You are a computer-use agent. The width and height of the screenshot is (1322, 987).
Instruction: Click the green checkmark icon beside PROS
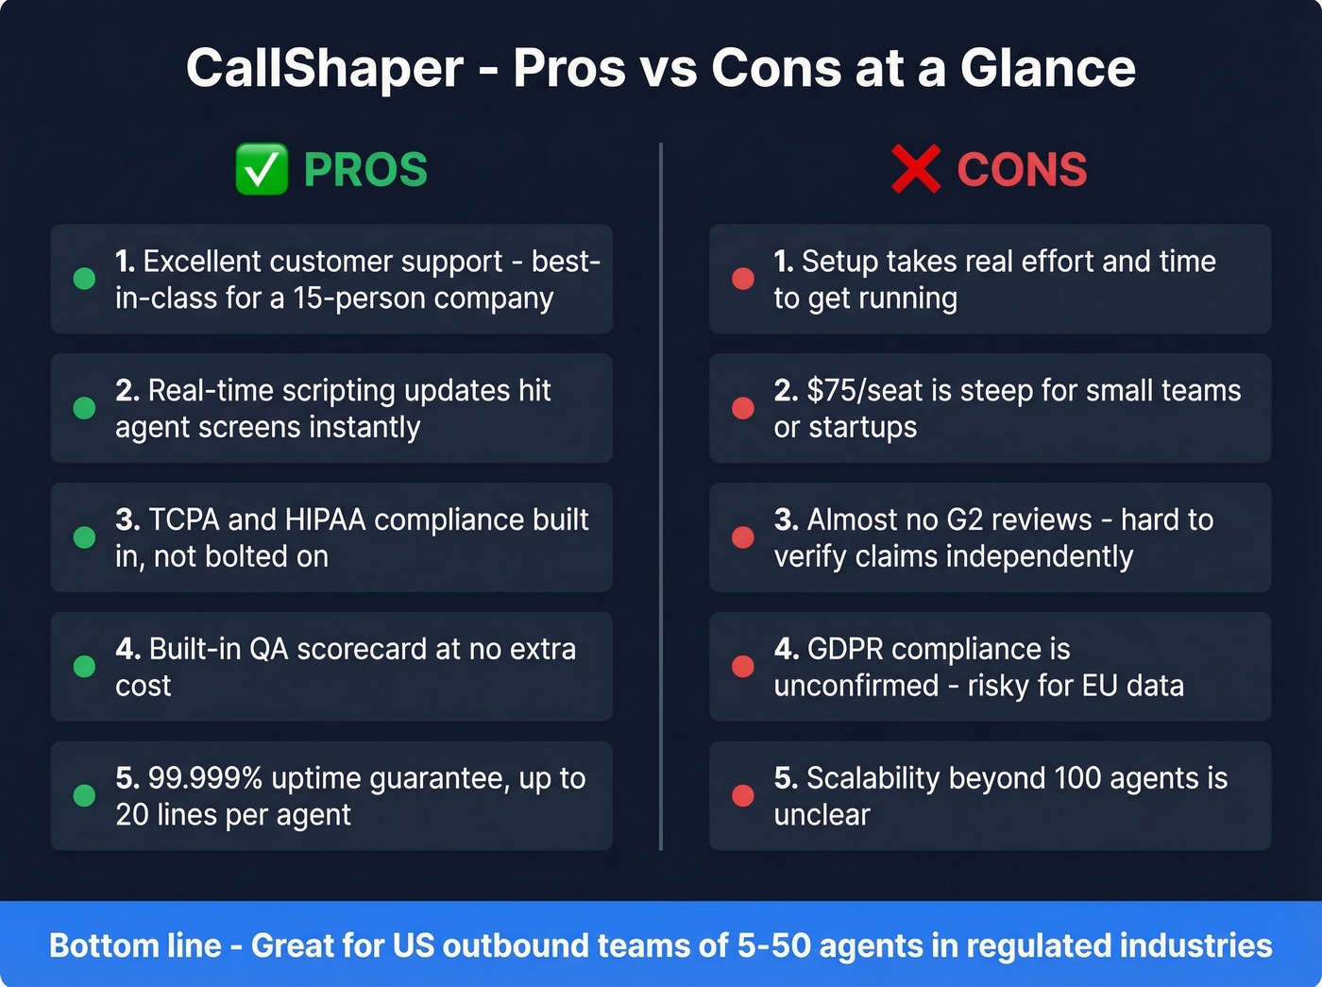pos(262,170)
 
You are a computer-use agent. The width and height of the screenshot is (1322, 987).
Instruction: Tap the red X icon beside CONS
pos(915,170)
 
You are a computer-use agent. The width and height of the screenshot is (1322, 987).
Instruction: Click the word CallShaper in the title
pos(325,68)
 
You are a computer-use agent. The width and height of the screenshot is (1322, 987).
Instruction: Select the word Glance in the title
pos(1048,68)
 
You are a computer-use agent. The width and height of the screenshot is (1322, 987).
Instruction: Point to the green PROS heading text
pos(365,170)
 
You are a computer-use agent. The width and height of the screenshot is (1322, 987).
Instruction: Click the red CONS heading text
pos(1022,170)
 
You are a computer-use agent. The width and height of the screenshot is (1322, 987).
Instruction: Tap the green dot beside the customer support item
pos(84,279)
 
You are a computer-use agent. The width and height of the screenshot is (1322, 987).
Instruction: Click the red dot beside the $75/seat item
pos(743,408)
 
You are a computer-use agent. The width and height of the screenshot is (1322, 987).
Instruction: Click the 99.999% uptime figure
pos(205,778)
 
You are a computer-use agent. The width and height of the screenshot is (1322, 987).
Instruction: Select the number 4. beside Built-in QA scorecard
pos(127,649)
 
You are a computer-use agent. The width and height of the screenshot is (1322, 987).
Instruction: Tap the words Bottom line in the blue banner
pos(135,945)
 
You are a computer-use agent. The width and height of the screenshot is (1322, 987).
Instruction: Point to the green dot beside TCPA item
pos(84,537)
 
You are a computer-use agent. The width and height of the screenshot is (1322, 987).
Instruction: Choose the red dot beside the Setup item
pos(743,279)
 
